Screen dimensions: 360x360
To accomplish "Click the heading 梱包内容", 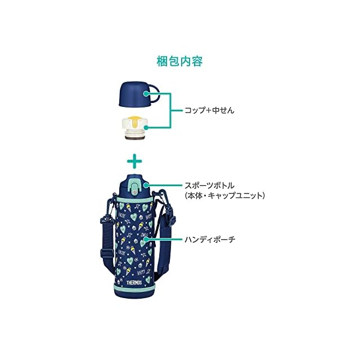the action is [180, 60].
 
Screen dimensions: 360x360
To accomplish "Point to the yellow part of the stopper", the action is [135, 119].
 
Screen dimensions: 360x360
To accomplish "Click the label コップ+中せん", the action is [209, 110].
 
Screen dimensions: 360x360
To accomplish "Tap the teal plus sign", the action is [134, 163].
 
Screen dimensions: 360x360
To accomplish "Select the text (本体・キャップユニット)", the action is [224, 196].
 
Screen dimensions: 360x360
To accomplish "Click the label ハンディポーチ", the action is [210, 239].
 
